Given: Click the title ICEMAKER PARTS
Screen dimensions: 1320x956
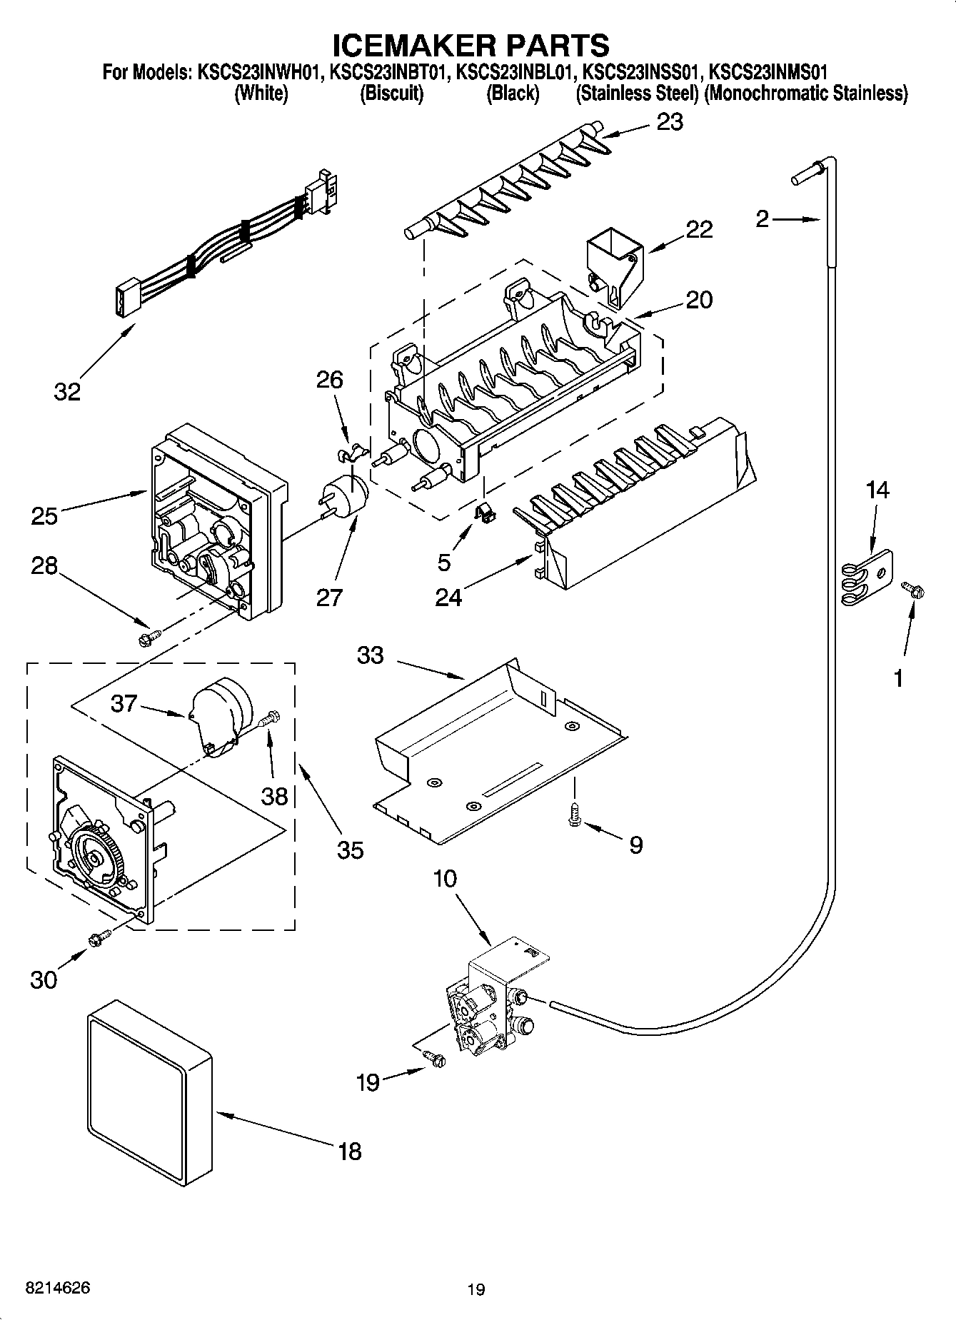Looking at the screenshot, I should [x=471, y=44].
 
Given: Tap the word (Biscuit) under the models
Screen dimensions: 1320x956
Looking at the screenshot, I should [x=391, y=94].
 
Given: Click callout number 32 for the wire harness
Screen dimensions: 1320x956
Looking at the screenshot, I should [x=67, y=391].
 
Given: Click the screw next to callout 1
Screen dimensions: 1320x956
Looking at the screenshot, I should [x=913, y=589].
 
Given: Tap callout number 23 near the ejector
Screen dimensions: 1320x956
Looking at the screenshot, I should [x=670, y=123].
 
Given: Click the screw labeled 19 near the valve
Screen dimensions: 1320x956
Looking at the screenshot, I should [x=433, y=1059].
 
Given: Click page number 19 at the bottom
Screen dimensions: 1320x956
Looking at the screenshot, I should [x=476, y=1289].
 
